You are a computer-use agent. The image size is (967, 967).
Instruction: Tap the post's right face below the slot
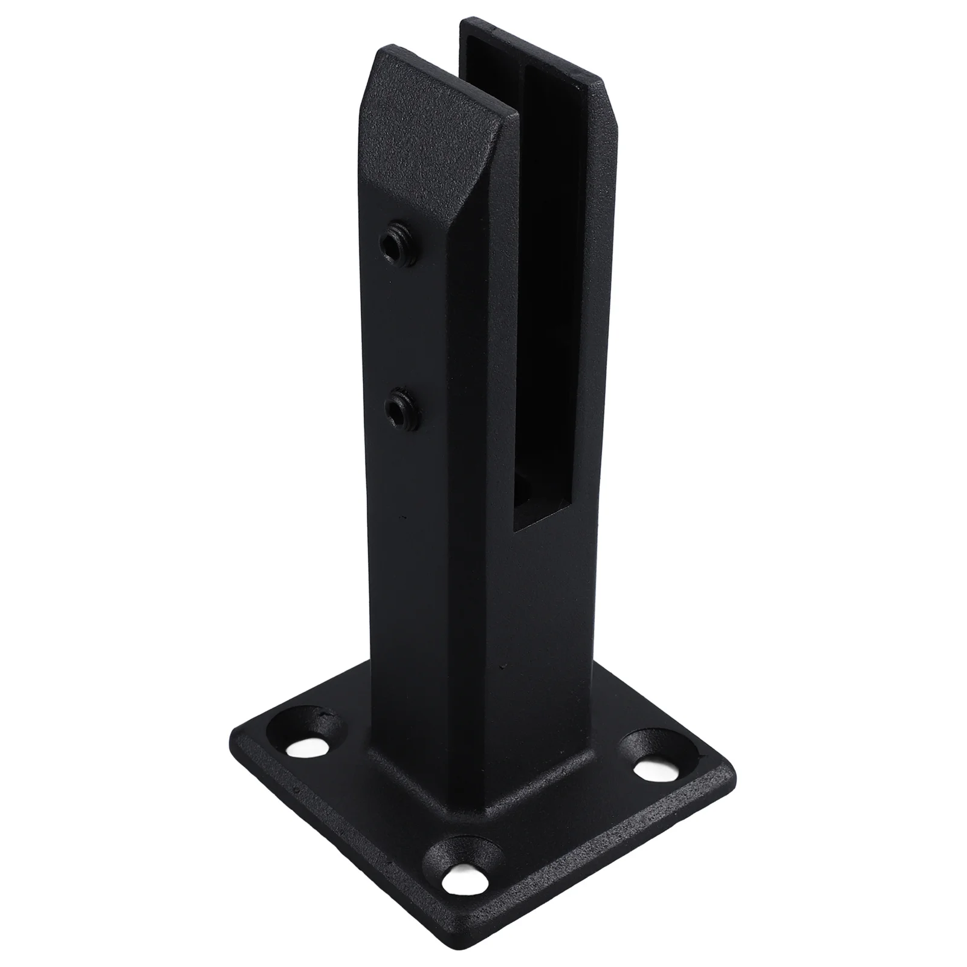coord(544,604)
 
